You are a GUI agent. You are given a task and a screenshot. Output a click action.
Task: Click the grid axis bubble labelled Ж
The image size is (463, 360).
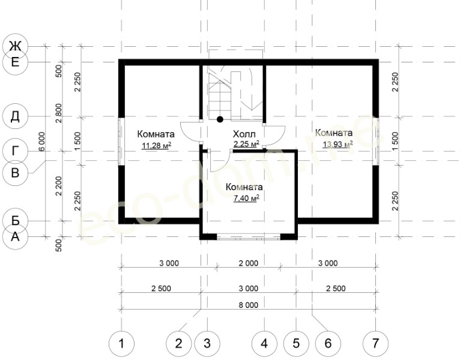click(15, 46)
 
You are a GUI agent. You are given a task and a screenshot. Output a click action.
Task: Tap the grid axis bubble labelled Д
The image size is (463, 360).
click(15, 116)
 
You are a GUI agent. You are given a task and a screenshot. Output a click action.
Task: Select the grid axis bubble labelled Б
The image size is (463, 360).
click(15, 220)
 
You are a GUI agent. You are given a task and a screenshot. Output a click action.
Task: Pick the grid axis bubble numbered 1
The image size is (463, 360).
click(121, 343)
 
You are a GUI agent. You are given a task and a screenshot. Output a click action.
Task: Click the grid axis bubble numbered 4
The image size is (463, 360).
click(264, 343)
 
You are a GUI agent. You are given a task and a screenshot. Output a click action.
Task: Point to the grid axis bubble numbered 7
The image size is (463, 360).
click(375, 343)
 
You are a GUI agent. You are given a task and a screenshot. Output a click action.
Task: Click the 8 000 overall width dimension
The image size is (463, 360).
click(249, 305)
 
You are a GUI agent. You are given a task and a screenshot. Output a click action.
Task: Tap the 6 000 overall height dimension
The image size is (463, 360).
click(41, 142)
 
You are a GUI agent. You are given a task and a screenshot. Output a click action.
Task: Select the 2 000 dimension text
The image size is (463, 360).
click(249, 263)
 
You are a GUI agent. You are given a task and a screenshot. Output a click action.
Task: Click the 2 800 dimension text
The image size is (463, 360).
click(59, 113)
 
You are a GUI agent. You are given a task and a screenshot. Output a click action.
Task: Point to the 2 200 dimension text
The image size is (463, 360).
click(59, 186)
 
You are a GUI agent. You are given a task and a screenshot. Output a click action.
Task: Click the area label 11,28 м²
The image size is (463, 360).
click(157, 146)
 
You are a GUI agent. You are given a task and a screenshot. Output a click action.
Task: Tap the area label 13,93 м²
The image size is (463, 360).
click(337, 144)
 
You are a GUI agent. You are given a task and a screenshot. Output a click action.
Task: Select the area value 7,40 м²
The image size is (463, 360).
click(246, 198)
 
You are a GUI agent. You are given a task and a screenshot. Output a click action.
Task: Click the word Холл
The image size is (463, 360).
click(244, 134)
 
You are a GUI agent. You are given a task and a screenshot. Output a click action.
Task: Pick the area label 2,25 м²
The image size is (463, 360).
click(246, 144)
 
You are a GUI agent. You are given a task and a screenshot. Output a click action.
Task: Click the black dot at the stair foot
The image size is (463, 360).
click(220, 119)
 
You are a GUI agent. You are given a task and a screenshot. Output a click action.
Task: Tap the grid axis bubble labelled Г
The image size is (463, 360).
click(15, 151)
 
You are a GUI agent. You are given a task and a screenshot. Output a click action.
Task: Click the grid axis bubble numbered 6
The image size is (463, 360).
click(328, 343)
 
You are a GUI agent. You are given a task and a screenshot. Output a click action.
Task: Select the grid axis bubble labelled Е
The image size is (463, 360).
click(15, 62)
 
